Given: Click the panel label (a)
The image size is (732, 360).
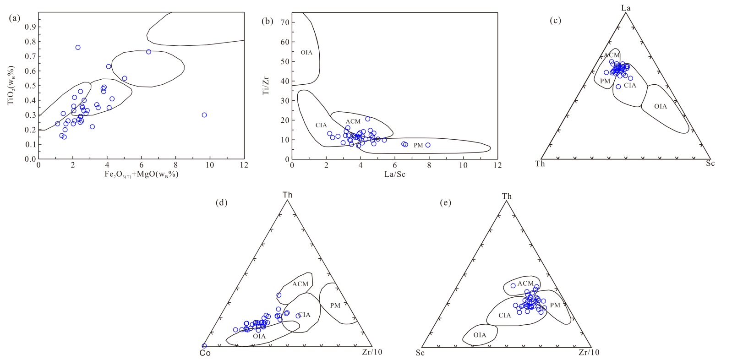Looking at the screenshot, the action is tap(14, 18).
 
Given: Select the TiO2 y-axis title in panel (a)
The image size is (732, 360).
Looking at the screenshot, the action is tap(11, 86).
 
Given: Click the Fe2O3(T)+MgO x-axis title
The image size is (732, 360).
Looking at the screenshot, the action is tap(142, 175).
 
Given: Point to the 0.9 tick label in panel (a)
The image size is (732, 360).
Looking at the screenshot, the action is tap(30, 27).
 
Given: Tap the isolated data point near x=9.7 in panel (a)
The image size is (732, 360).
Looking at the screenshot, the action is tap(204, 115).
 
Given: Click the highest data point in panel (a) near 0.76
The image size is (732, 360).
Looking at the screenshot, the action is tap(78, 47).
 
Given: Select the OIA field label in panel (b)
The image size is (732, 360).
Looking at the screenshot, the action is tap(306, 53).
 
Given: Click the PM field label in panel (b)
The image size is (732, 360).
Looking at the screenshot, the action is tap(418, 145).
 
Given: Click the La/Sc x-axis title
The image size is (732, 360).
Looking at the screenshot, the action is tap(395, 175).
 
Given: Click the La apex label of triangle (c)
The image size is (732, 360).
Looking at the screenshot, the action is tap(626, 8).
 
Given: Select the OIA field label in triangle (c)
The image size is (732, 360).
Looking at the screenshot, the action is tap(661, 107).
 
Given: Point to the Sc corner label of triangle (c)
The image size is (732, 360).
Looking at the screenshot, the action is tap(710, 164).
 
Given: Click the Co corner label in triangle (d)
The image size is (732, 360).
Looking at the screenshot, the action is tap(205, 353).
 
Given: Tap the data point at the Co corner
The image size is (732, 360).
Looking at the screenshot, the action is tap(204, 346).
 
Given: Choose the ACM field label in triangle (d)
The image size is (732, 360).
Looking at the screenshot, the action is tap(300, 284).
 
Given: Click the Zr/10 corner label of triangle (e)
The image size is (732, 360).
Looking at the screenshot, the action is tap(589, 353).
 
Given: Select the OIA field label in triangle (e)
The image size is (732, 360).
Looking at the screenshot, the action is tap(480, 335).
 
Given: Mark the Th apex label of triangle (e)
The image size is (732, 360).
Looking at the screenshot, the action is tap(507, 196).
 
